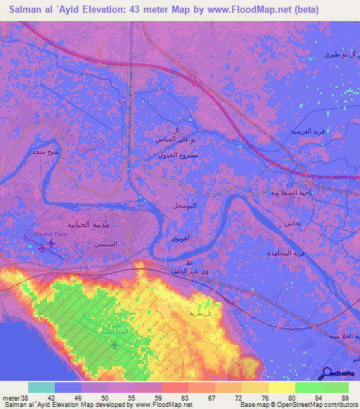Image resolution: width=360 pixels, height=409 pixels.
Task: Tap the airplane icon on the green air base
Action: coord(115,344)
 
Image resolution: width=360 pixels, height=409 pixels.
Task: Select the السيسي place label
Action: coord(96,240)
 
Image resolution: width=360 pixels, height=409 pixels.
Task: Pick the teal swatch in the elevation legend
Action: coord(41,387)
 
